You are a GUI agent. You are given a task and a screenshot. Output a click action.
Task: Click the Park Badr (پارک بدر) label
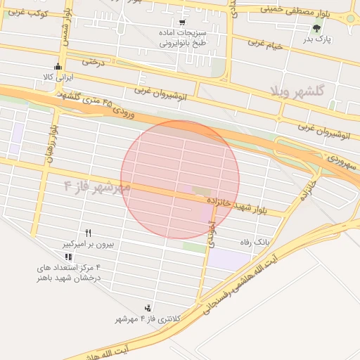tap(318, 39)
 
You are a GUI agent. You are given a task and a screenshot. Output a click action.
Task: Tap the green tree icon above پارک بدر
tap(316, 29)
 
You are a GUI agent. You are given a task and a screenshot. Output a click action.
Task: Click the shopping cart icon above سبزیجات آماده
tap(182, 22)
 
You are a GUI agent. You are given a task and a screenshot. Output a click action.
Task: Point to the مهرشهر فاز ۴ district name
tap(97, 187)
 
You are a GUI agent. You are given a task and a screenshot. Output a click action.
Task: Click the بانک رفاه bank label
tap(255, 242)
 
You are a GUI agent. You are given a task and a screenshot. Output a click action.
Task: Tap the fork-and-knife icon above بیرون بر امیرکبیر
tap(89, 233)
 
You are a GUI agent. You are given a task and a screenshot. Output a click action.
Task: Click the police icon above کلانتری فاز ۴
tap(148, 308)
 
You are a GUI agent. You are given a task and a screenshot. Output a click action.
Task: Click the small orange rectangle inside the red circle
tap(201, 191)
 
